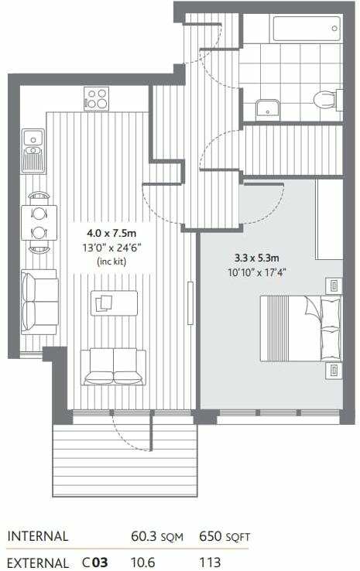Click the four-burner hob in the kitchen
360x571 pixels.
point(97,99)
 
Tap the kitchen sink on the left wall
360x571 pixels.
point(33,149)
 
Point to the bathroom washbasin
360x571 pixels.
point(268,108)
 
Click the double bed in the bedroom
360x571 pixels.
point(300,328)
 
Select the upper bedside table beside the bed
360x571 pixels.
point(333,285)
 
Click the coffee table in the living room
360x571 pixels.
point(113,303)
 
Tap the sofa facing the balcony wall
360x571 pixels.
point(113,366)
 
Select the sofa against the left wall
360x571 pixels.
point(39,302)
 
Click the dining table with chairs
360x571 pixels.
point(39,223)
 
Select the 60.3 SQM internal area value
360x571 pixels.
point(159,536)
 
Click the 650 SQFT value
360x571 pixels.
point(225,536)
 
